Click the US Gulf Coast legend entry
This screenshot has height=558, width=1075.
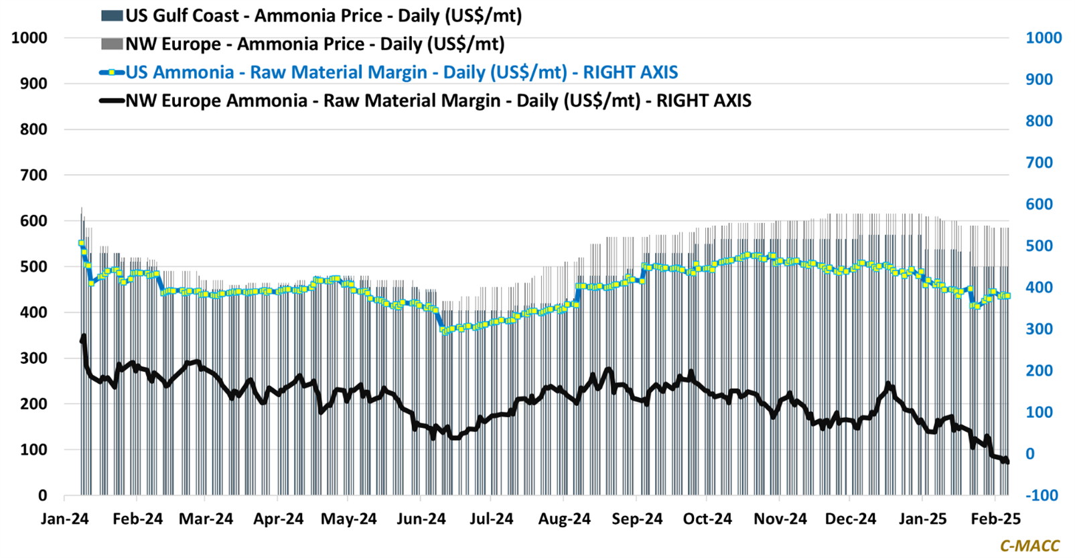324,15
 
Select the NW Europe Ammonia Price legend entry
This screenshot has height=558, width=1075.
315,44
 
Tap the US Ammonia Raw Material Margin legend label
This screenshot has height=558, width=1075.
402,72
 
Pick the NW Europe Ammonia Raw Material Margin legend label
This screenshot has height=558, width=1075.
439,100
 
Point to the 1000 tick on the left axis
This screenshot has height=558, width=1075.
29,38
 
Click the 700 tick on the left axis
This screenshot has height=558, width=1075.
33,176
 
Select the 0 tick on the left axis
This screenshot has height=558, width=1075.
43,496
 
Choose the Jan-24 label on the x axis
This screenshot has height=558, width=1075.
65,519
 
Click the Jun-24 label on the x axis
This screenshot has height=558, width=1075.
421,519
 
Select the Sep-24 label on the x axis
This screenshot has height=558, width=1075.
637,519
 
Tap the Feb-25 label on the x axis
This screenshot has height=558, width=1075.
996,519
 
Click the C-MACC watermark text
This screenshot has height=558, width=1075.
1030,547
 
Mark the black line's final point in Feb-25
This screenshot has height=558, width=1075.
1007,462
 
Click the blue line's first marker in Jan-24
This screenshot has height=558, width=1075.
82,243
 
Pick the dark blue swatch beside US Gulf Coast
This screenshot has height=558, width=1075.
112,15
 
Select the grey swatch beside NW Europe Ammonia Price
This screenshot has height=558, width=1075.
112,44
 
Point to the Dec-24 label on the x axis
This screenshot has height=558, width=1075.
851,519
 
